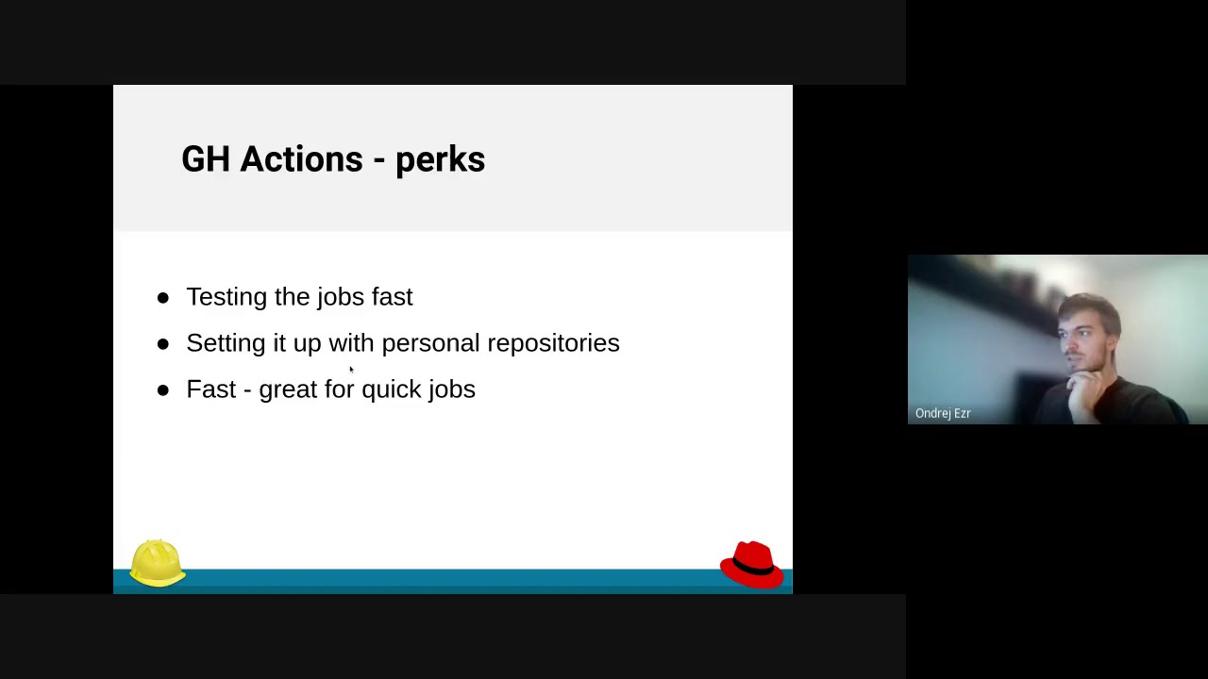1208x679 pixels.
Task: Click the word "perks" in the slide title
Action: (440, 160)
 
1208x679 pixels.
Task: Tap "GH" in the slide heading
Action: (205, 159)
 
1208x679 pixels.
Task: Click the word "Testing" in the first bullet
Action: (226, 297)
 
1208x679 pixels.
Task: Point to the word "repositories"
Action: (553, 343)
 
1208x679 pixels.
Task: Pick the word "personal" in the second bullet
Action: (430, 343)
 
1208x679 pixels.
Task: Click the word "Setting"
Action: (226, 343)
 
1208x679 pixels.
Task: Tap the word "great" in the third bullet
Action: (288, 389)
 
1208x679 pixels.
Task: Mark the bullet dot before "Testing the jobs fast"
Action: (163, 298)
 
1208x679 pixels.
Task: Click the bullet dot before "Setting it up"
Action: (163, 344)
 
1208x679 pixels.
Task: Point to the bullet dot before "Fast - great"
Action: (163, 389)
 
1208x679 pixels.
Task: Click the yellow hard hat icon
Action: (157, 562)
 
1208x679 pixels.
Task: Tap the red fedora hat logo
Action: (751, 564)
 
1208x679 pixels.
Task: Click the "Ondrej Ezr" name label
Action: (943, 413)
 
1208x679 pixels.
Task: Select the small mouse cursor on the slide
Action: (350, 370)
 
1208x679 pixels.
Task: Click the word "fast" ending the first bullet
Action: (392, 297)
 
